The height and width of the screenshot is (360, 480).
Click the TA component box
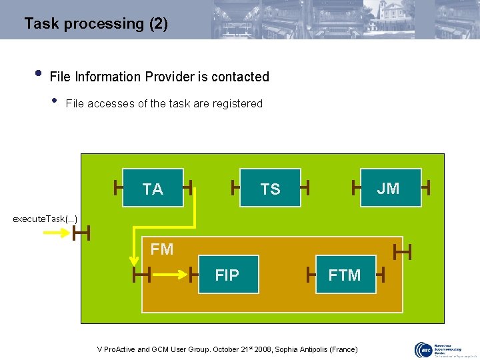tap(153, 189)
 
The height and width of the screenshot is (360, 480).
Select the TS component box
tap(270, 189)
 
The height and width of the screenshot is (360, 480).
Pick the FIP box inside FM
tap(228, 275)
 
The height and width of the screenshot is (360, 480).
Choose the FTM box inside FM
tap(344, 275)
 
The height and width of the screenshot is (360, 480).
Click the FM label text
tap(162, 249)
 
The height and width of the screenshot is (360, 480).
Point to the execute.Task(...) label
tap(45, 219)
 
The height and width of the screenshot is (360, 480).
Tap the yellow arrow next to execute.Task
tap(57, 233)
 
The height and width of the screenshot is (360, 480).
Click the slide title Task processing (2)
tap(96, 24)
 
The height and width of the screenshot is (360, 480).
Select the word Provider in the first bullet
tap(165, 77)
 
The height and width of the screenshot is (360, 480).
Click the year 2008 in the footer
tap(264, 349)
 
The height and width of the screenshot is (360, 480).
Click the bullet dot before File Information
tap(39, 73)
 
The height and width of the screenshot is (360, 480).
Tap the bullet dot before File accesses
tap(54, 101)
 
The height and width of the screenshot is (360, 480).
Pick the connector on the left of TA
tap(118, 188)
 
